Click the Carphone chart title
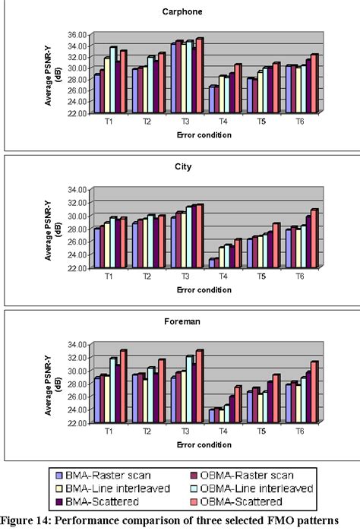coord(179,12)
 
